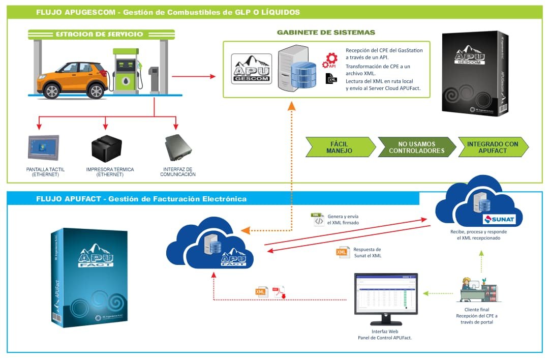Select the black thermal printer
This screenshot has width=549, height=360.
(106, 148)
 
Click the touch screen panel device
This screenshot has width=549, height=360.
(43, 148)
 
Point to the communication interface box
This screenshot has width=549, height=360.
(178, 147)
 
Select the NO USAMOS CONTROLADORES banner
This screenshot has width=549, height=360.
(416, 147)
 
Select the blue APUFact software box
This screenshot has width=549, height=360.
(89, 277)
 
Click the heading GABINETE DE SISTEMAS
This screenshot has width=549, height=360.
(326, 32)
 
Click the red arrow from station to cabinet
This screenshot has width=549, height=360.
(193, 77)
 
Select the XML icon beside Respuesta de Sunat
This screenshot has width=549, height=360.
(343, 252)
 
